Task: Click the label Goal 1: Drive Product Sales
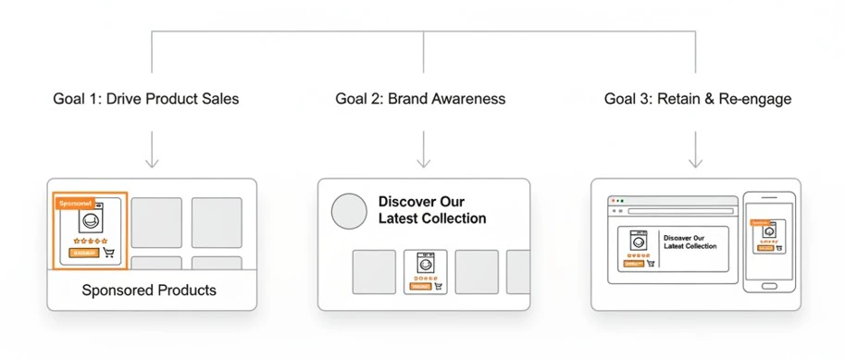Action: click(x=146, y=99)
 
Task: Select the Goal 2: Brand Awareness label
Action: click(x=420, y=99)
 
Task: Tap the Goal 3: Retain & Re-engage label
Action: click(x=698, y=99)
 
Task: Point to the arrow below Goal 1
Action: click(x=153, y=150)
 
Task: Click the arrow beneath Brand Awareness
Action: click(x=424, y=150)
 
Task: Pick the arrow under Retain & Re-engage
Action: click(x=697, y=150)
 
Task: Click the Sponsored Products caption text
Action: click(x=149, y=291)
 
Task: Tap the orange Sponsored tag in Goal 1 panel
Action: click(x=74, y=204)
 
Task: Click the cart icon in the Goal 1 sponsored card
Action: click(x=108, y=253)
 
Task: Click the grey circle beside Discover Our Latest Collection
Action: click(x=349, y=211)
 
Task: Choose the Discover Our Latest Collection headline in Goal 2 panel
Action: click(x=432, y=210)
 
